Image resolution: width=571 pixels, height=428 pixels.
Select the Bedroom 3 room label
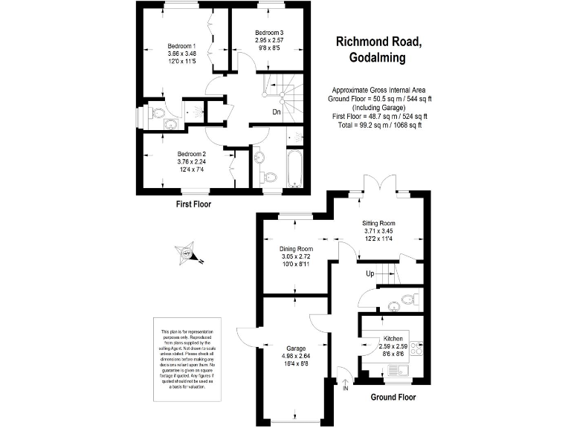pyautogui.click(x=269, y=33)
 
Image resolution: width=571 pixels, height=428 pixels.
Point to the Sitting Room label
pyautogui.click(x=378, y=223)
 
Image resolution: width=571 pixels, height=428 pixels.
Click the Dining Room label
pyautogui.click(x=296, y=249)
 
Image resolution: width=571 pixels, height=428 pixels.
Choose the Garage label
pyautogui.click(x=296, y=347)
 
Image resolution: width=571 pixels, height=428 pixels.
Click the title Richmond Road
pyautogui.click(x=378, y=42)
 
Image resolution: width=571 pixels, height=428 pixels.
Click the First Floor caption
pyautogui.click(x=194, y=204)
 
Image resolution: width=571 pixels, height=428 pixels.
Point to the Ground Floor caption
pyautogui.click(x=393, y=398)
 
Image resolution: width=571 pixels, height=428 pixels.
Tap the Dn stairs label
pyautogui.click(x=276, y=113)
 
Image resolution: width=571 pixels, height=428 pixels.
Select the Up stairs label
pyautogui.click(x=370, y=274)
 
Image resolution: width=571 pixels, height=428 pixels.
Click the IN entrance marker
pyautogui.click(x=345, y=388)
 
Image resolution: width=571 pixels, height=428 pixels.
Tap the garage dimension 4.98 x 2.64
pyautogui.click(x=296, y=355)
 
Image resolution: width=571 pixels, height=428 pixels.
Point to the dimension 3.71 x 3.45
pyautogui.click(x=378, y=231)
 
